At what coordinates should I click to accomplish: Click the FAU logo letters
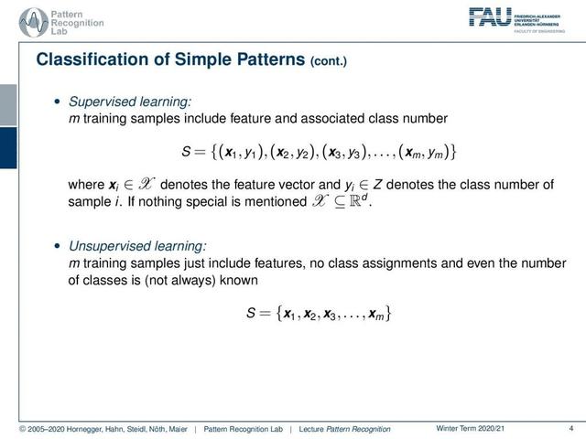[x=490, y=17]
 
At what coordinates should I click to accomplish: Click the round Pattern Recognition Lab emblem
[x=34, y=22]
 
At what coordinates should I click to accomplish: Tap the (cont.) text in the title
[x=329, y=61]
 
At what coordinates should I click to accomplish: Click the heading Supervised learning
[x=130, y=102]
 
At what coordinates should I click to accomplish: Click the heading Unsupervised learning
[x=137, y=246]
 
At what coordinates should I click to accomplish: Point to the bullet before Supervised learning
[x=57, y=102]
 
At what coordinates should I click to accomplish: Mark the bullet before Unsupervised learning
[x=57, y=246]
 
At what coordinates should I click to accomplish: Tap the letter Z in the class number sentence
[x=377, y=185]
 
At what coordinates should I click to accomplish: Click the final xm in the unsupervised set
[x=376, y=314]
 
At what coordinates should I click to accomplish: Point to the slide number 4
[x=571, y=428]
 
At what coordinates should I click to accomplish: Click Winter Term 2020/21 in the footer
[x=470, y=428]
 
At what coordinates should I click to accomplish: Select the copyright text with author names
[x=103, y=429]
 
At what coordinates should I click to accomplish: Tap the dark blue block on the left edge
[x=8, y=148]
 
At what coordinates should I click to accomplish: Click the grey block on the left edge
[x=8, y=105]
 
